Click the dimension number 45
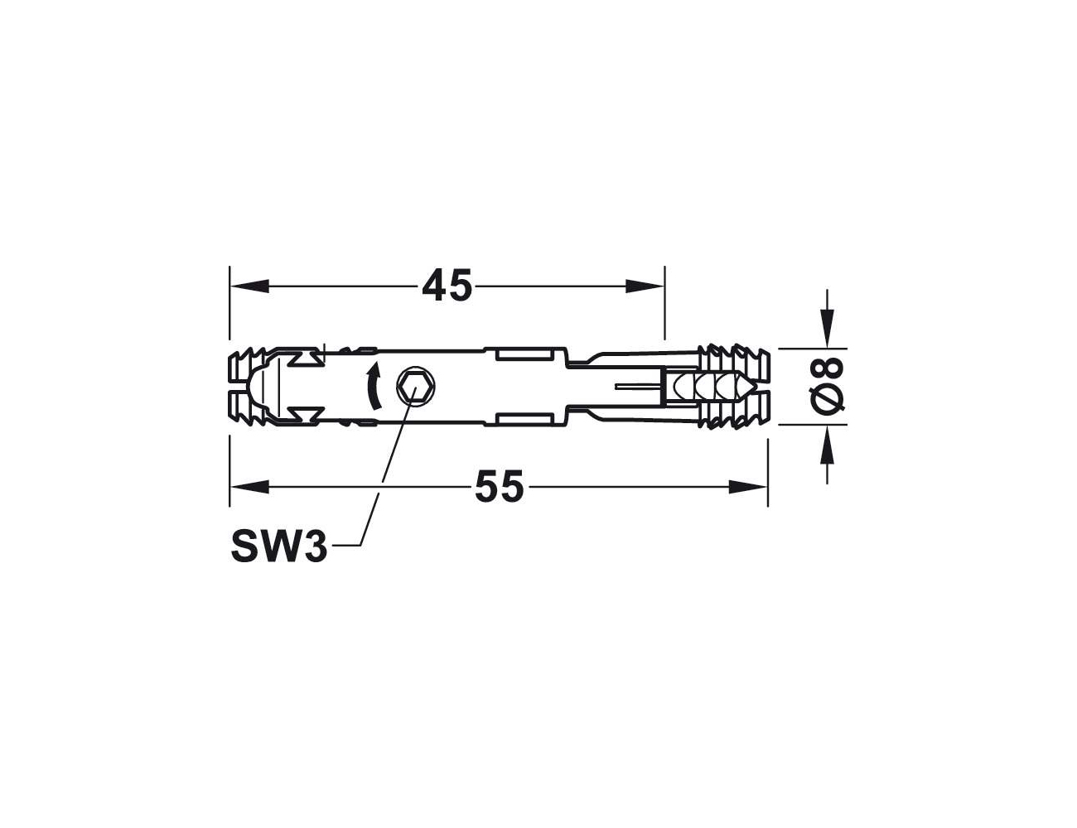pos(447,286)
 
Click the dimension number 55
pos(499,486)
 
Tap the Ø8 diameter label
pos(826,386)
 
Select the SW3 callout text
pos(279,547)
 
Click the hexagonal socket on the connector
pos(415,387)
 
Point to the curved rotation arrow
pos(374,386)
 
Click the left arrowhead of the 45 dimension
pos(249,286)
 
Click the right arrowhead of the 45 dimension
pos(645,286)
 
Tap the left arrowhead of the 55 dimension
pos(249,487)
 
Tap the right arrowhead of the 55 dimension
pos(748,487)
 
